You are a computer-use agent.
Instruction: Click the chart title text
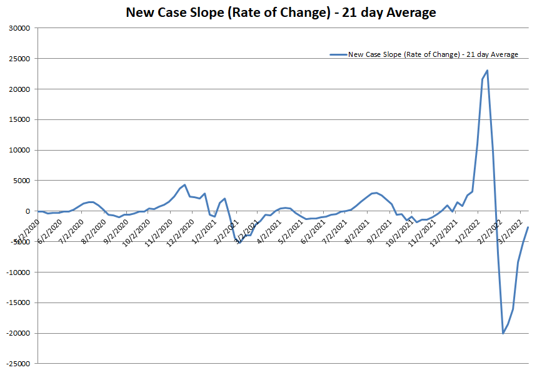pos(281,12)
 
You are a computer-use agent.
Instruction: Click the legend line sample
pos(338,55)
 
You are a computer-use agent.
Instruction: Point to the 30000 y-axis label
pos(21,28)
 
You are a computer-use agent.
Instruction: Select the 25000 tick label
pos(21,59)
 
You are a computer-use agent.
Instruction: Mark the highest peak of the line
pos(487,71)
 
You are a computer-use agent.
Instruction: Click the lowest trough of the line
pos(503,333)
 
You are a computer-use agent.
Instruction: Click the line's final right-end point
pos(528,227)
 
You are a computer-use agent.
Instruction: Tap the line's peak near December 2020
pos(184,185)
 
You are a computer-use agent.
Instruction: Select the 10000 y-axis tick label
pos(21,150)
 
